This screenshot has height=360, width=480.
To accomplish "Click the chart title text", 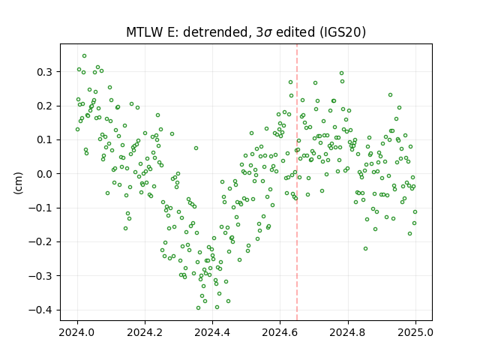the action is click(x=246, y=32).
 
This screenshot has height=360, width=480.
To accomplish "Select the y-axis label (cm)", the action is click(x=18, y=183).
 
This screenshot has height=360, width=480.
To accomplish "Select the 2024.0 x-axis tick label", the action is click(x=77, y=332).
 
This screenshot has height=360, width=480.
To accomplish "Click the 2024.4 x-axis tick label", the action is click(x=212, y=332).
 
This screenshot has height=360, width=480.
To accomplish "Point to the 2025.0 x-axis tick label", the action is click(x=415, y=332).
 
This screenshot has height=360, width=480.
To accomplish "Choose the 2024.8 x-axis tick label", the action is click(x=348, y=332).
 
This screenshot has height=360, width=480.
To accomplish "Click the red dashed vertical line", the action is click(x=297, y=182).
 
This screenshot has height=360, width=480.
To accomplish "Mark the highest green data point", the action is click(x=85, y=56).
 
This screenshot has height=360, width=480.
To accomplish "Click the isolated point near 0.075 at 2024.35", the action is click(x=196, y=148).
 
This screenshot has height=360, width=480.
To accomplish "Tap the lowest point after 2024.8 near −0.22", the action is click(x=365, y=248).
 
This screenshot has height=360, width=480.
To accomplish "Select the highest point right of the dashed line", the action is click(x=342, y=73).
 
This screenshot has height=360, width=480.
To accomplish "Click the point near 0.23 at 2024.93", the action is click(x=390, y=95).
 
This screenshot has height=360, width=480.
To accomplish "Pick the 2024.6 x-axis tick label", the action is click(x=280, y=332).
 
